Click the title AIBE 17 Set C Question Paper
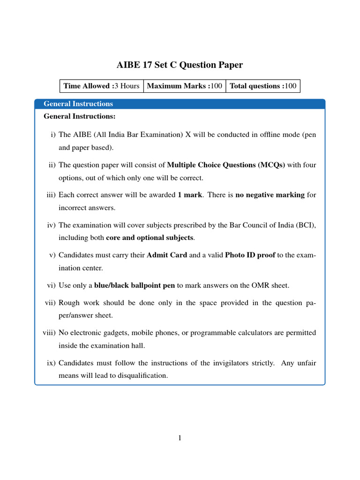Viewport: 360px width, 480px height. (x=180, y=65)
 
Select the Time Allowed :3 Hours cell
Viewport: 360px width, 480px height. (x=101, y=86)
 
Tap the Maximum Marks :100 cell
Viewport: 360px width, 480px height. (x=184, y=86)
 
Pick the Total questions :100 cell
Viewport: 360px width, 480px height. (x=263, y=86)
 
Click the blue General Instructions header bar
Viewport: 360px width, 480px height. (x=180, y=104)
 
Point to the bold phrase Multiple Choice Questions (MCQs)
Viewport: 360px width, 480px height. (x=226, y=165)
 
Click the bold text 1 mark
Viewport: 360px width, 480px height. (x=190, y=195)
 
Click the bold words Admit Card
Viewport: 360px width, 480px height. (x=167, y=255)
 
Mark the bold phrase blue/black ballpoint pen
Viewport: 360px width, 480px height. (x=135, y=285)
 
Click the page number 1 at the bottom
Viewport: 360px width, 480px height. (x=180, y=438)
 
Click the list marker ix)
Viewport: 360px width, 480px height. (x=50, y=363)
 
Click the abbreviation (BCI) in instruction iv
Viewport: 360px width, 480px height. (x=306, y=225)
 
